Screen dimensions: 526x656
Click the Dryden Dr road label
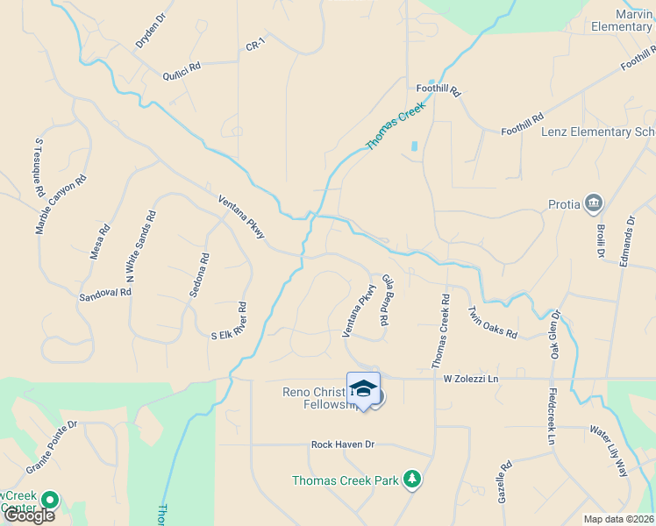click(x=150, y=31)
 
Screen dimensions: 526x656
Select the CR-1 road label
click(x=255, y=45)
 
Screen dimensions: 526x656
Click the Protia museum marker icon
click(x=595, y=204)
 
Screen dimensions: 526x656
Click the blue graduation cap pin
click(x=364, y=388)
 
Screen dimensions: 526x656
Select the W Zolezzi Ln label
click(x=470, y=379)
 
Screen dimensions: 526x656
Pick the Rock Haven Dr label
click(x=342, y=444)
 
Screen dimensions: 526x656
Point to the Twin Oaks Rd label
click(x=492, y=322)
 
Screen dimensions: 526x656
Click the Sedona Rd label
click(x=198, y=277)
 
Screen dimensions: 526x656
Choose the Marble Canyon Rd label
click(x=62, y=203)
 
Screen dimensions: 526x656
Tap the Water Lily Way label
click(x=609, y=451)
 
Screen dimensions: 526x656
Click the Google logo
click(x=29, y=515)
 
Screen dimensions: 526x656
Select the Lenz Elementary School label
click(x=598, y=131)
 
